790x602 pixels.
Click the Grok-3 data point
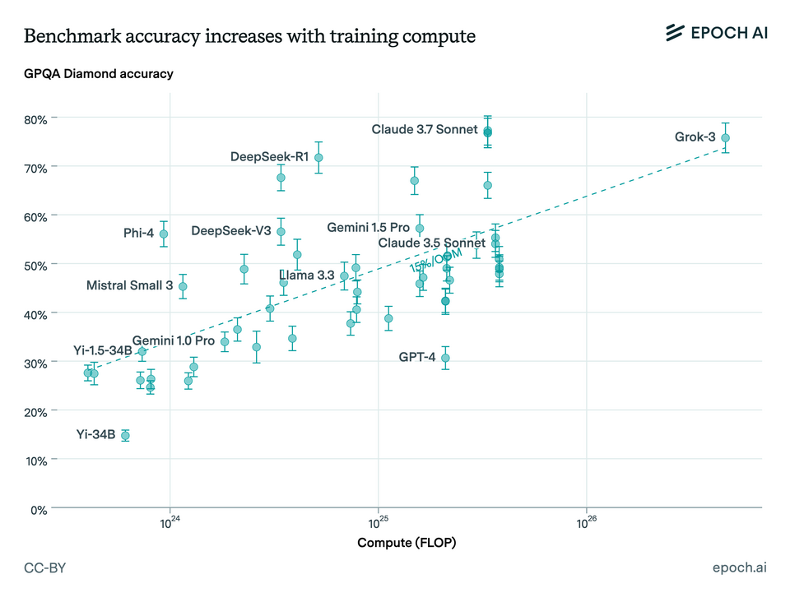[x=725, y=138]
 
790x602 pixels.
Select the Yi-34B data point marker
[x=125, y=435]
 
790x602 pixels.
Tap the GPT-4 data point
[x=445, y=358]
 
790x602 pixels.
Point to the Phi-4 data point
[x=164, y=234]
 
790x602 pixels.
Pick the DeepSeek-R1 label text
[x=269, y=156]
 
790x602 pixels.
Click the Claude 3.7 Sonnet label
[x=425, y=129]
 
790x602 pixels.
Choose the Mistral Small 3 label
[x=129, y=285]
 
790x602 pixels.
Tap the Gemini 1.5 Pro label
[x=368, y=227]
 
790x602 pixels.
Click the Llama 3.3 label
[x=307, y=276]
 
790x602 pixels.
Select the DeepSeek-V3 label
[x=231, y=231]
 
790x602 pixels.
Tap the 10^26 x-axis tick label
[x=586, y=523]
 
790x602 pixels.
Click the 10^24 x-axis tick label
[x=170, y=523]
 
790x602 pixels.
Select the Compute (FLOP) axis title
[x=407, y=543]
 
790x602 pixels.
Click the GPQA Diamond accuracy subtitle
[x=99, y=74]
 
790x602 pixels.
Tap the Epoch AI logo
[x=715, y=33]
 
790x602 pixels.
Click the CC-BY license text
[x=46, y=568]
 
